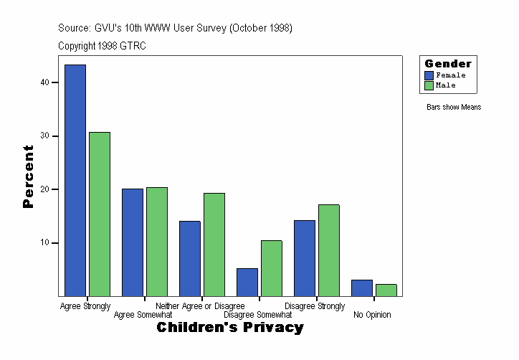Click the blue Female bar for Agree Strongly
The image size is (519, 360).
click(75, 180)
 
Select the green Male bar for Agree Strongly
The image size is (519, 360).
click(100, 214)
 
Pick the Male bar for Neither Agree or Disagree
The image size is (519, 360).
click(214, 245)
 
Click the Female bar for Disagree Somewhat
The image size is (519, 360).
click(247, 282)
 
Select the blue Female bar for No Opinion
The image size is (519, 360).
click(362, 288)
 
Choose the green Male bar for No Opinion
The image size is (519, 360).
click(386, 290)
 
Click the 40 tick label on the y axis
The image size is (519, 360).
click(44, 82)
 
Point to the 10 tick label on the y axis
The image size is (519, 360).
click(44, 243)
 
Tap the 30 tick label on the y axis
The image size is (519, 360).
click(44, 136)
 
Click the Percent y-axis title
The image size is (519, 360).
click(28, 176)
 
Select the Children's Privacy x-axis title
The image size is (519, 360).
click(230, 328)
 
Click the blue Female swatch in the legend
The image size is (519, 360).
click(429, 75)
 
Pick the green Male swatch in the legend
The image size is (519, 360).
click(429, 85)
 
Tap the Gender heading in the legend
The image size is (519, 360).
click(448, 64)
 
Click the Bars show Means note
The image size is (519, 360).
click(454, 108)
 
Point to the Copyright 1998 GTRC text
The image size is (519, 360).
click(103, 46)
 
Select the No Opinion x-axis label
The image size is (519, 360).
click(372, 315)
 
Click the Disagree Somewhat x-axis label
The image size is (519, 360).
click(257, 315)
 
